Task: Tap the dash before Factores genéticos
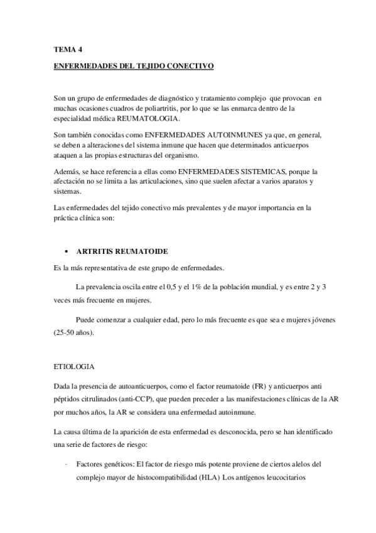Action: tap(66, 464)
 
